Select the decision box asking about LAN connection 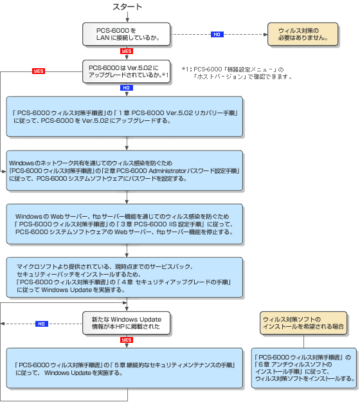[126, 34]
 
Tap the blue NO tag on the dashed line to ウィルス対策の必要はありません [217, 34]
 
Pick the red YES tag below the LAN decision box [127, 51]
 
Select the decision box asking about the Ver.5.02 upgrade [126, 71]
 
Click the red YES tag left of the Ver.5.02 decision [39, 71]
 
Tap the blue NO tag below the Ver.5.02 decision [127, 87]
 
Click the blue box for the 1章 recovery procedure [125, 116]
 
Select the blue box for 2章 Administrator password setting [125, 170]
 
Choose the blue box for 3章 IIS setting [125, 223]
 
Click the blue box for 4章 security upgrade [125, 277]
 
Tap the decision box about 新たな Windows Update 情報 [126, 324]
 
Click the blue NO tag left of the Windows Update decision [41, 324]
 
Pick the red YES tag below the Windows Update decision [127, 340]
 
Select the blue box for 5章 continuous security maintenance [125, 368]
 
